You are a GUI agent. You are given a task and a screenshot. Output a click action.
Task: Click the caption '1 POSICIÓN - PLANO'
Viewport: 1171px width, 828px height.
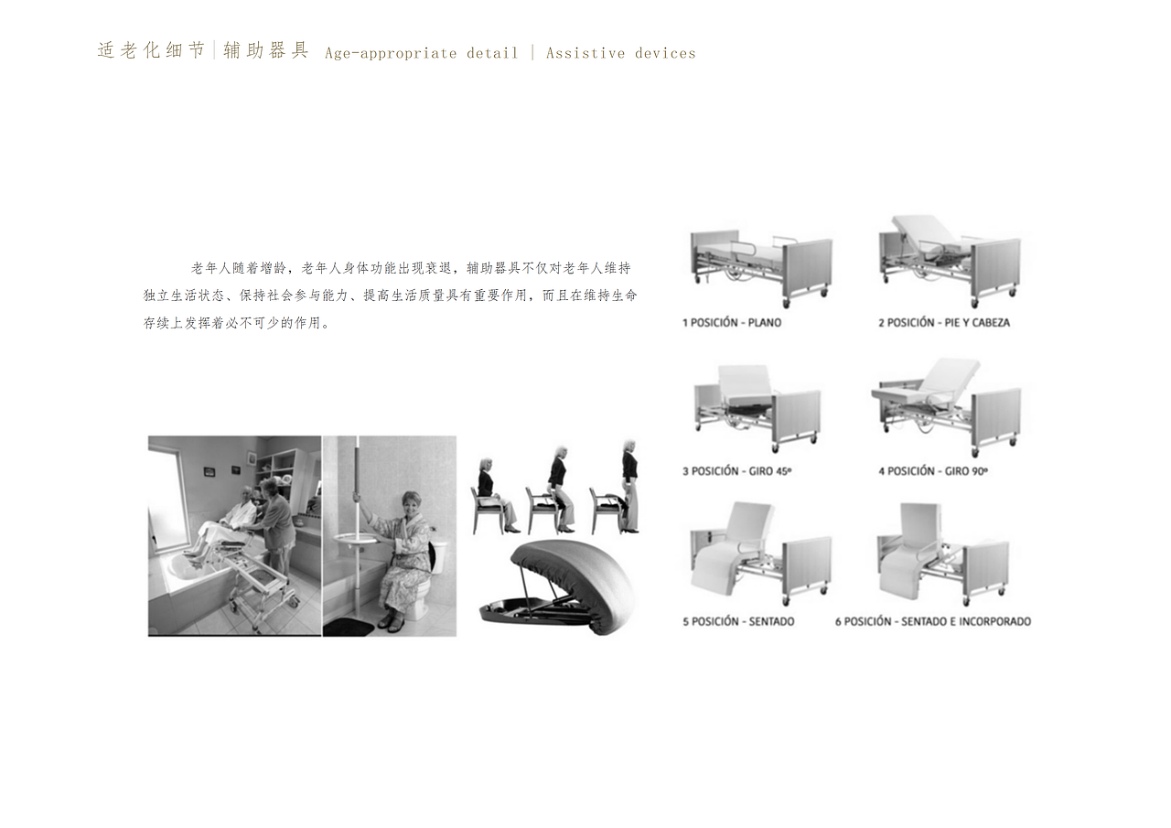point(732,323)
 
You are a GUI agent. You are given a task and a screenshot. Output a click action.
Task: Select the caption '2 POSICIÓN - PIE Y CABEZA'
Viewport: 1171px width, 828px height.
point(944,323)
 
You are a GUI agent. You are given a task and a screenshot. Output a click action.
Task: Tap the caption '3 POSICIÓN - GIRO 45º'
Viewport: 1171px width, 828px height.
point(736,472)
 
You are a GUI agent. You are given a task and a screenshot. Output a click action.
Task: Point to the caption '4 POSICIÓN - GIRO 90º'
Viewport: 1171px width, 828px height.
point(933,472)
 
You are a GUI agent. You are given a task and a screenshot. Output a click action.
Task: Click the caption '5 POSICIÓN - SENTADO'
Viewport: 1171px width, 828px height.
point(738,622)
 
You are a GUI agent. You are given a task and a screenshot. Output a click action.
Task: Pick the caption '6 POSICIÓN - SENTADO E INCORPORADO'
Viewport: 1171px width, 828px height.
point(933,622)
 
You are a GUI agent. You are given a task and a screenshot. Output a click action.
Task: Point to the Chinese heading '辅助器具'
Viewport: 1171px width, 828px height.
point(266,50)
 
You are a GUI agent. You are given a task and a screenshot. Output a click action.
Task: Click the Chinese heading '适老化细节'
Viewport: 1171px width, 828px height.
point(151,50)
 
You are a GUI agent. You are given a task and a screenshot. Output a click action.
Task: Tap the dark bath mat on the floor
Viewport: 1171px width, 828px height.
point(349,627)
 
